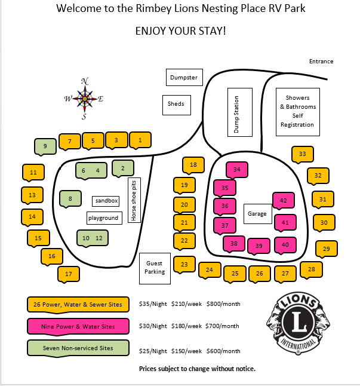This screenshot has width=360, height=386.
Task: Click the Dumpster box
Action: click(x=184, y=78)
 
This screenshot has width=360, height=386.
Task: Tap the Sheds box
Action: click(x=176, y=104)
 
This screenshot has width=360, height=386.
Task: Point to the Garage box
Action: click(x=257, y=213)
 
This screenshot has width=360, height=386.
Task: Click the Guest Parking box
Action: click(x=155, y=267)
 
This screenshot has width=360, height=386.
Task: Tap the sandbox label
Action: click(x=106, y=201)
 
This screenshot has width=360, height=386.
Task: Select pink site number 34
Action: click(x=237, y=170)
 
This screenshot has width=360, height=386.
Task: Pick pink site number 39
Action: click(x=259, y=245)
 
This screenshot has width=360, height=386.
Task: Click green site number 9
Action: click(x=45, y=145)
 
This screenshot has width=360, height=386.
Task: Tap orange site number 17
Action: click(x=69, y=274)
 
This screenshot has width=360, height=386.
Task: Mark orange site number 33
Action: click(x=303, y=154)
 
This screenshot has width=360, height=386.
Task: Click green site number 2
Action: click(x=122, y=169)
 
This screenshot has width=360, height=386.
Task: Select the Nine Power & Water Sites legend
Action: click(x=78, y=326)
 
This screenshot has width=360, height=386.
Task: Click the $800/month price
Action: click(x=223, y=304)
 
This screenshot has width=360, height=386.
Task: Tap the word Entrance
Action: click(x=321, y=62)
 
